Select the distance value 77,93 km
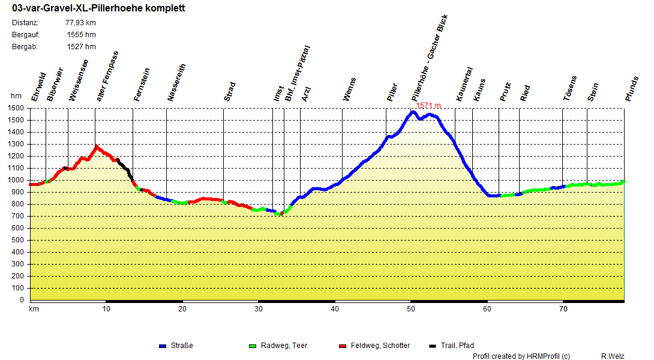click(x=80, y=23)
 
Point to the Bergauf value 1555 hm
click(x=82, y=35)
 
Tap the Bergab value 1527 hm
click(x=82, y=47)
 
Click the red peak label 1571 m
click(x=428, y=106)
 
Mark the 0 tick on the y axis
click(x=22, y=300)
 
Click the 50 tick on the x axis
click(x=411, y=310)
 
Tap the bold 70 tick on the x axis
click(x=563, y=310)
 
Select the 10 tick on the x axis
click(x=106, y=310)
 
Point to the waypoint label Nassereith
click(x=177, y=83)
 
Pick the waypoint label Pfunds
click(x=632, y=88)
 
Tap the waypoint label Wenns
click(x=349, y=89)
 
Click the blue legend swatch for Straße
click(x=162, y=346)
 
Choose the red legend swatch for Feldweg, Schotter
click(x=343, y=346)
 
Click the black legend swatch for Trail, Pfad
click(x=433, y=346)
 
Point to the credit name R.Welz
click(x=613, y=356)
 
